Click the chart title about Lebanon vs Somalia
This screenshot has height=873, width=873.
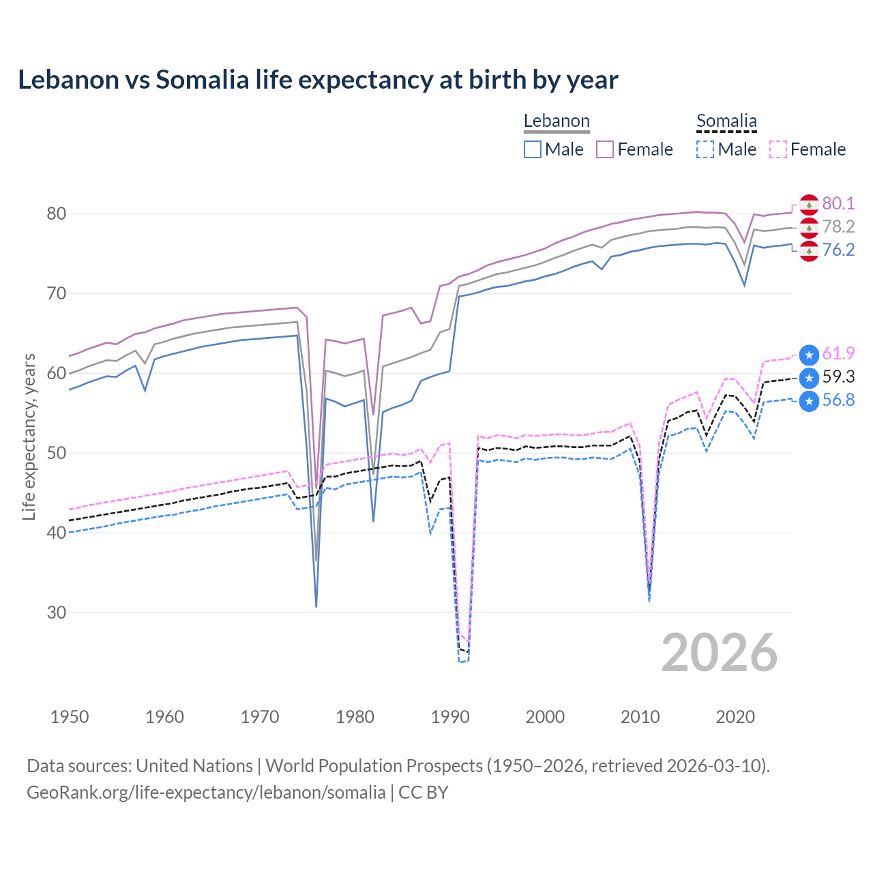[318, 80]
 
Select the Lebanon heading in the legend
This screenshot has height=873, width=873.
[557, 121]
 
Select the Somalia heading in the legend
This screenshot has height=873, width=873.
[726, 121]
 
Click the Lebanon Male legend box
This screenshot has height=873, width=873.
[533, 149]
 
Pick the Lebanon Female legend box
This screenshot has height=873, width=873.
[605, 149]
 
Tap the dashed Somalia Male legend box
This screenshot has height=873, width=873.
[705, 149]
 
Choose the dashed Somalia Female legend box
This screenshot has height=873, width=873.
[778, 149]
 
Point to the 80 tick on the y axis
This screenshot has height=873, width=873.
[56, 213]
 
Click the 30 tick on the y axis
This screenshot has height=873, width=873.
[56, 612]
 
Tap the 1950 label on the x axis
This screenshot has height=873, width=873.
[70, 717]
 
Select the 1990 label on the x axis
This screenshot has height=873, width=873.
[450, 717]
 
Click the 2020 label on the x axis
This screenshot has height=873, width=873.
[735, 717]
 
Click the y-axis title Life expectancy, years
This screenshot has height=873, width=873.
[29, 436]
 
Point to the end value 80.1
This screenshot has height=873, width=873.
[838, 203]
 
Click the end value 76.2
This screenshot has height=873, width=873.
[838, 250]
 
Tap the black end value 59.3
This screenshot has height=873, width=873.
[838, 376]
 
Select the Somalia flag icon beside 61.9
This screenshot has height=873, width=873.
[809, 355]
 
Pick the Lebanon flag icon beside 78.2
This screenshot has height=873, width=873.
[809, 227]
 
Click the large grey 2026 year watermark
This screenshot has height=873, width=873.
[720, 653]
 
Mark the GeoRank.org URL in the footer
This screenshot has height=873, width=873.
[206, 793]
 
